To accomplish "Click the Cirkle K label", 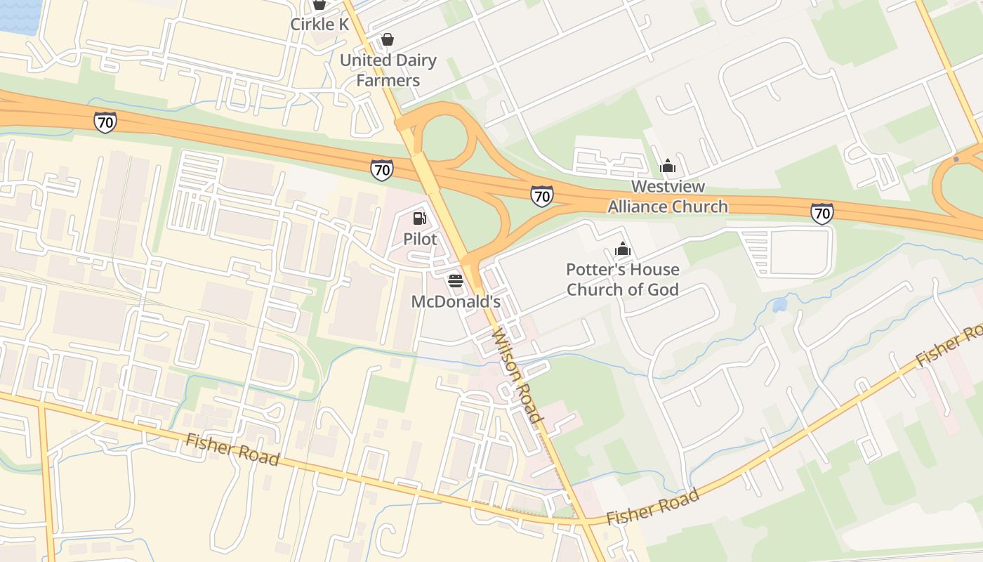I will [x=319, y=24].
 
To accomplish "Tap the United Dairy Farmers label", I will [x=388, y=70].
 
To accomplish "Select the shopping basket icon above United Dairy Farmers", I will [x=387, y=39].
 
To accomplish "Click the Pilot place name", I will [x=420, y=239].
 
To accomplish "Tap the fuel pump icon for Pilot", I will [x=420, y=218].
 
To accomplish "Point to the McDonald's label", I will [x=455, y=301].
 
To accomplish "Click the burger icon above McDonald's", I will [x=455, y=281].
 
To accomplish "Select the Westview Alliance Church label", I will [x=668, y=197].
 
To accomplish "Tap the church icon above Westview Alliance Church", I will [x=668, y=166].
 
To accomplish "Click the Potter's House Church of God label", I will [x=623, y=280].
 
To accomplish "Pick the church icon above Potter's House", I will [x=623, y=249].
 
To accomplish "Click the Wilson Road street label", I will [x=518, y=376].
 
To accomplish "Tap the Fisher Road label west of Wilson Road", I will [x=232, y=449].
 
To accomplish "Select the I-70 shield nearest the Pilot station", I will [x=382, y=169].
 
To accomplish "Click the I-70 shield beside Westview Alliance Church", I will [x=541, y=195].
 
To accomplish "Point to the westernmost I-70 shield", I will [x=105, y=122].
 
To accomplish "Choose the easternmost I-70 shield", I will [x=822, y=213].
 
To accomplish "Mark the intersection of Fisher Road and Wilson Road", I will [x=585, y=522].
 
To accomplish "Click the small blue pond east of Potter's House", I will [x=779, y=305].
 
